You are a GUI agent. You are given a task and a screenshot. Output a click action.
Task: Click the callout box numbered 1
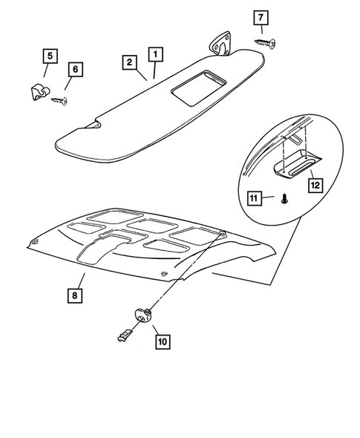tap(156, 54)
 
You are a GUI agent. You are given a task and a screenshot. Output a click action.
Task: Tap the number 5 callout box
tap(49, 55)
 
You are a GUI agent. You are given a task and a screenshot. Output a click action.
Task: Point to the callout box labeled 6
tap(75, 69)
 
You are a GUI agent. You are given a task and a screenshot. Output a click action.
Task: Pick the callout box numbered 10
tap(162, 342)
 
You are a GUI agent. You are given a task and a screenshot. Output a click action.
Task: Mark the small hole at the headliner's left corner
tap(36, 246)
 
